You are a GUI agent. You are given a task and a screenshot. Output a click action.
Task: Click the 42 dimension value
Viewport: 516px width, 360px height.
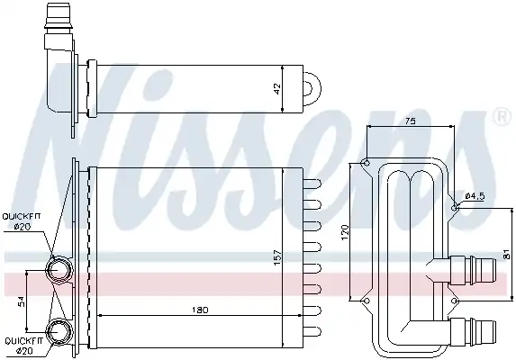pos(277,88)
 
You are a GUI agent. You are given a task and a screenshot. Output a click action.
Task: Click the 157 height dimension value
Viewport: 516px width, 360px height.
pos(277,257)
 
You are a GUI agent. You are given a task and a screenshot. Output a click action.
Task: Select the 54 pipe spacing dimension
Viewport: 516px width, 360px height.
pos(21,301)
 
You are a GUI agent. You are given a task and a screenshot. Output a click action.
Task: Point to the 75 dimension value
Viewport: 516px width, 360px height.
pos(410,121)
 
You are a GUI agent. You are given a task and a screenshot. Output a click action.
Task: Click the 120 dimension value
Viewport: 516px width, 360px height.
pos(345,232)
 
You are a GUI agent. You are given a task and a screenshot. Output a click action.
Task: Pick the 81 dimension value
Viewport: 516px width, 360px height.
pos(506,254)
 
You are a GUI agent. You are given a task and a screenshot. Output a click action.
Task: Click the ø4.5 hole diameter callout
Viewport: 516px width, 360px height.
pos(475,196)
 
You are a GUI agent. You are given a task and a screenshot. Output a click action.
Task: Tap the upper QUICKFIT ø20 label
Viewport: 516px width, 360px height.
pos(22,221)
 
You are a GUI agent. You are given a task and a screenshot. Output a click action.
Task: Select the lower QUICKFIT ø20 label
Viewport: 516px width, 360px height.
pos(23,346)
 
